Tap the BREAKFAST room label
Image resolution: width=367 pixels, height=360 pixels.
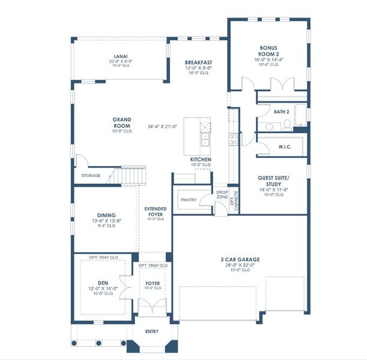pos(198,63)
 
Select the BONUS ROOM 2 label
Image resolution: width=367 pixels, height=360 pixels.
pos(268,51)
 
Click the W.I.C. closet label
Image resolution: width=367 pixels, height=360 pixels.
pos(285,147)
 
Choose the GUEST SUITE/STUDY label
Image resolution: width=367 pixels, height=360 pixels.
pos(273,182)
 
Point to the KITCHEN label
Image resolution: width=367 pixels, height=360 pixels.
pos(201,160)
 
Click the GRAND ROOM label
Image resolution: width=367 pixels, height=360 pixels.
pos(122,123)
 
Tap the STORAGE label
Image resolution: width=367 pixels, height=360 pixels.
pos(91,176)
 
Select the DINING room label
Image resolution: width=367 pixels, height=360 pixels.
pos(106,215)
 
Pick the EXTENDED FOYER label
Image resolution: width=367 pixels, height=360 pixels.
pos(155,211)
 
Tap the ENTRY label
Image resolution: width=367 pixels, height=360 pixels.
pos(153,331)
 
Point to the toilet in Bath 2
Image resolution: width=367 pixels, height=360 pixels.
pos(287,125)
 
